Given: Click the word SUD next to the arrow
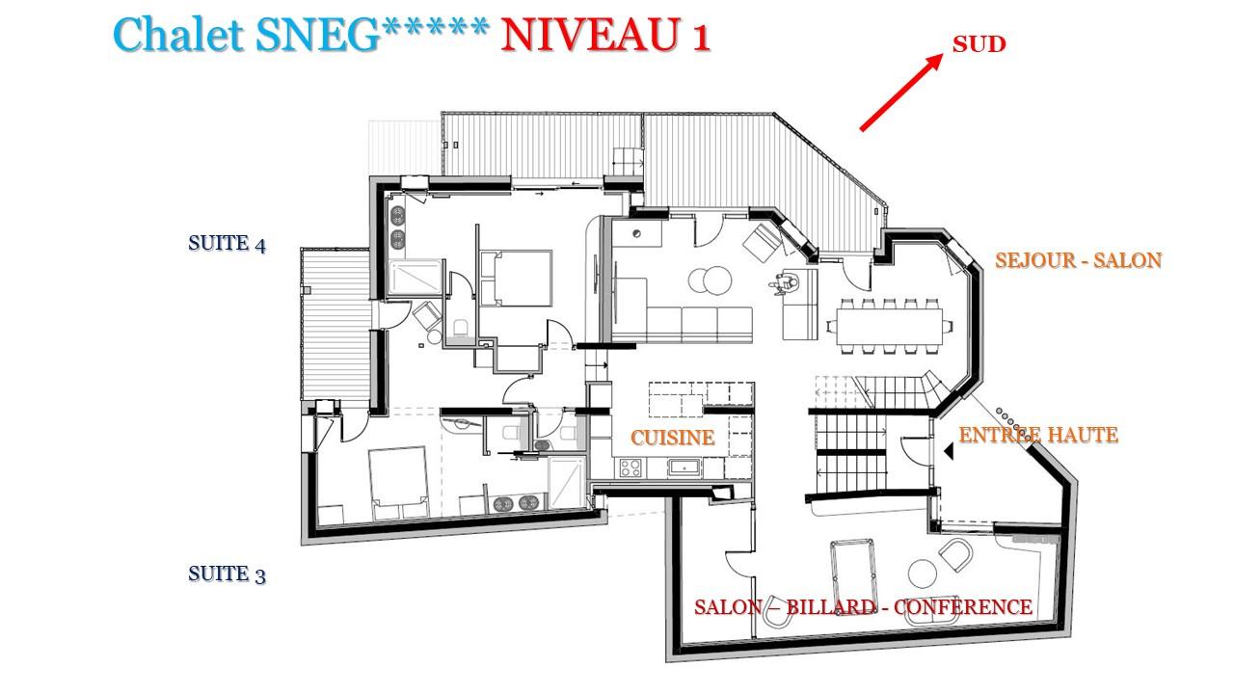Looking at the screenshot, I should click(979, 44).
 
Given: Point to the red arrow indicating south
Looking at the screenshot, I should click(900, 92).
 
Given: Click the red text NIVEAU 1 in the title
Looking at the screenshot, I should click(604, 36).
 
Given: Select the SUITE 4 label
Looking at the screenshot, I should click(227, 244).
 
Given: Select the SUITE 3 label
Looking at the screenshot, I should click(227, 574).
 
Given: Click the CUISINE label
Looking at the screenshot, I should click(672, 438).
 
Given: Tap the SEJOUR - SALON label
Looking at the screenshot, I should click(1078, 260).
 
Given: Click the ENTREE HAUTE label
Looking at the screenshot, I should click(1038, 436).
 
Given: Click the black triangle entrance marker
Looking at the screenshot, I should click(949, 451).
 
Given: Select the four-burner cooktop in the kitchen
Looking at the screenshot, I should click(631, 468).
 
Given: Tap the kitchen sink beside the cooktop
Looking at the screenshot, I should click(684, 468).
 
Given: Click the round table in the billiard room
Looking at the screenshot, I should click(923, 574).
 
